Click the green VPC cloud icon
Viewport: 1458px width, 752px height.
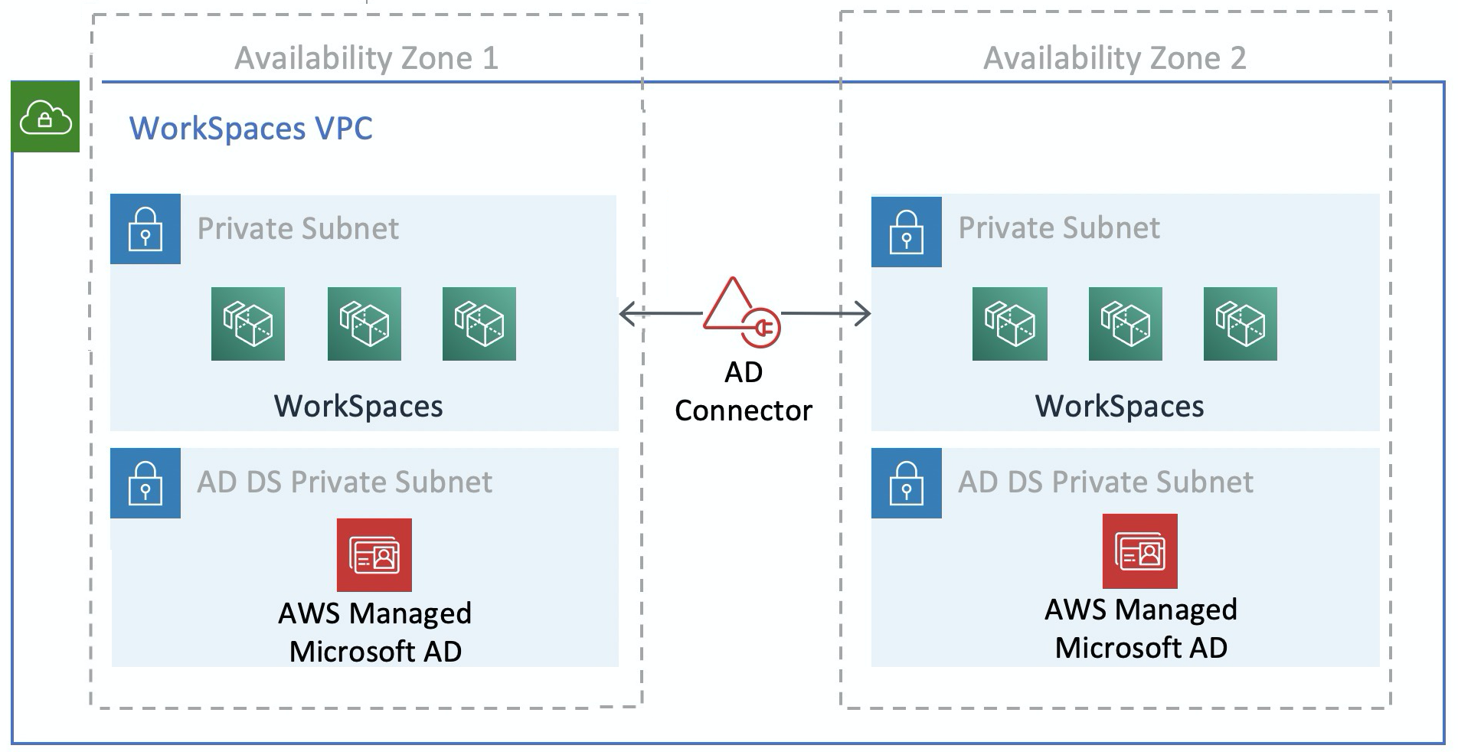[45, 117]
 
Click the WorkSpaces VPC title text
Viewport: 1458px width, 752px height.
[250, 128]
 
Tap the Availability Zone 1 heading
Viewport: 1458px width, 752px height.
[366, 58]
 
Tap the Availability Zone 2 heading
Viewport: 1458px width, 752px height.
[1114, 58]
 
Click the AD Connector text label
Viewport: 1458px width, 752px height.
[743, 391]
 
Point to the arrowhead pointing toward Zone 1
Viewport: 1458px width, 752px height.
[626, 313]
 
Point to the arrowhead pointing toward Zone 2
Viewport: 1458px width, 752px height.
[863, 313]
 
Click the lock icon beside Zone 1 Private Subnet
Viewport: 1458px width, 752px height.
[145, 229]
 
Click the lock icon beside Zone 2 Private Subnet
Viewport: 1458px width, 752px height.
[907, 232]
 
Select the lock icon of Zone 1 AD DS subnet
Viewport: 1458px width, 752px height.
[145, 483]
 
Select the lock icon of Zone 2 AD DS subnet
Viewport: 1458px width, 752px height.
[907, 483]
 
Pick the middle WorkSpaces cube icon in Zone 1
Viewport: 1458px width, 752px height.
[364, 324]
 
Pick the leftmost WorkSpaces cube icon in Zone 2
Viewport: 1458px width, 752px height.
[1010, 324]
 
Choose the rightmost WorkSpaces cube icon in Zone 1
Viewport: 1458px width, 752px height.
[479, 324]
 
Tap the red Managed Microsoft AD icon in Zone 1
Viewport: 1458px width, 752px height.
[374, 555]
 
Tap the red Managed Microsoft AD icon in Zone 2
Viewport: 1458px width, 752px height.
[1140, 551]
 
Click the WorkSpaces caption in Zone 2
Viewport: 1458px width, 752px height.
[1119, 406]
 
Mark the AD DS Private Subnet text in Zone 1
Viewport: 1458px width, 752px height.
[345, 482]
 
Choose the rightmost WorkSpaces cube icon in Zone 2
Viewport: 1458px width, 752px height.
[1241, 324]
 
